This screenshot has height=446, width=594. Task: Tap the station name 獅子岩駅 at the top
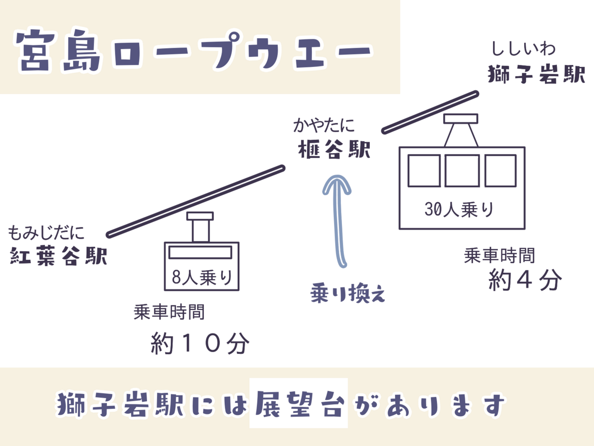click(537, 74)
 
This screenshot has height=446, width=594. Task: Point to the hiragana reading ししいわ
click(523, 49)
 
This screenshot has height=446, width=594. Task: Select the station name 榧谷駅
click(334, 149)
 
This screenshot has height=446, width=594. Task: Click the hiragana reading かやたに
click(324, 125)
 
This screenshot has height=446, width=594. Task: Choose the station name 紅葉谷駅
click(58, 256)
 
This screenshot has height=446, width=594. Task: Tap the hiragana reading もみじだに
click(46, 232)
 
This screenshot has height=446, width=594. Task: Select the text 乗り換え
click(348, 293)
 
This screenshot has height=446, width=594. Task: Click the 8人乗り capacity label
click(202, 278)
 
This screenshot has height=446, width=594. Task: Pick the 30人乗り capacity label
click(459, 209)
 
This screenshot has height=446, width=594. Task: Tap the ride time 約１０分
click(200, 343)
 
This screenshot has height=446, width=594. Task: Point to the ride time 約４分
click(525, 279)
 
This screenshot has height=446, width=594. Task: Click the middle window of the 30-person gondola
click(462, 170)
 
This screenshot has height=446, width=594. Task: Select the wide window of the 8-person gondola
click(200, 252)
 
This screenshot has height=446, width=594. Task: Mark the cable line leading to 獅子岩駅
click(430, 112)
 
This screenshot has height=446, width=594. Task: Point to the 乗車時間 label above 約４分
click(499, 255)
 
